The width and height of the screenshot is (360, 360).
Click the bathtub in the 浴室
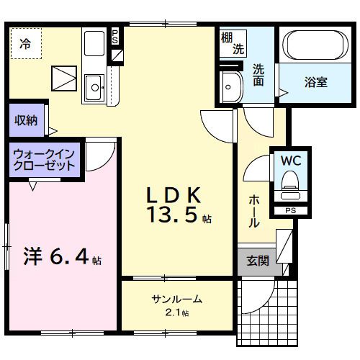[x=315, y=46]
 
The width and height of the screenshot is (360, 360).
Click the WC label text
[x=290, y=159]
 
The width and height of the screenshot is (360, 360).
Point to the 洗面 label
[x=258, y=75]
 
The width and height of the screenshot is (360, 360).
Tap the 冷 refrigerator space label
[x=25, y=43]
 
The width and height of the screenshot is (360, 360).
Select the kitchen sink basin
[x=94, y=89]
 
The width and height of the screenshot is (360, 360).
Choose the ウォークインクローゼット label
[x=45, y=159]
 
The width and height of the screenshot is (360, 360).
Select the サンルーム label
[x=176, y=299]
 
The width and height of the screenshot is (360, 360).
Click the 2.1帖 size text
[x=176, y=312]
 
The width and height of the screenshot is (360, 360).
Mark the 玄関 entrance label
[x=258, y=261]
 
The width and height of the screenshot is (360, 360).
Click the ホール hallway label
[x=254, y=211]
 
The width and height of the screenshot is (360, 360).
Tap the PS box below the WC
[x=290, y=210]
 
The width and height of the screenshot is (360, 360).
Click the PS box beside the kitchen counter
[x=114, y=35]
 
